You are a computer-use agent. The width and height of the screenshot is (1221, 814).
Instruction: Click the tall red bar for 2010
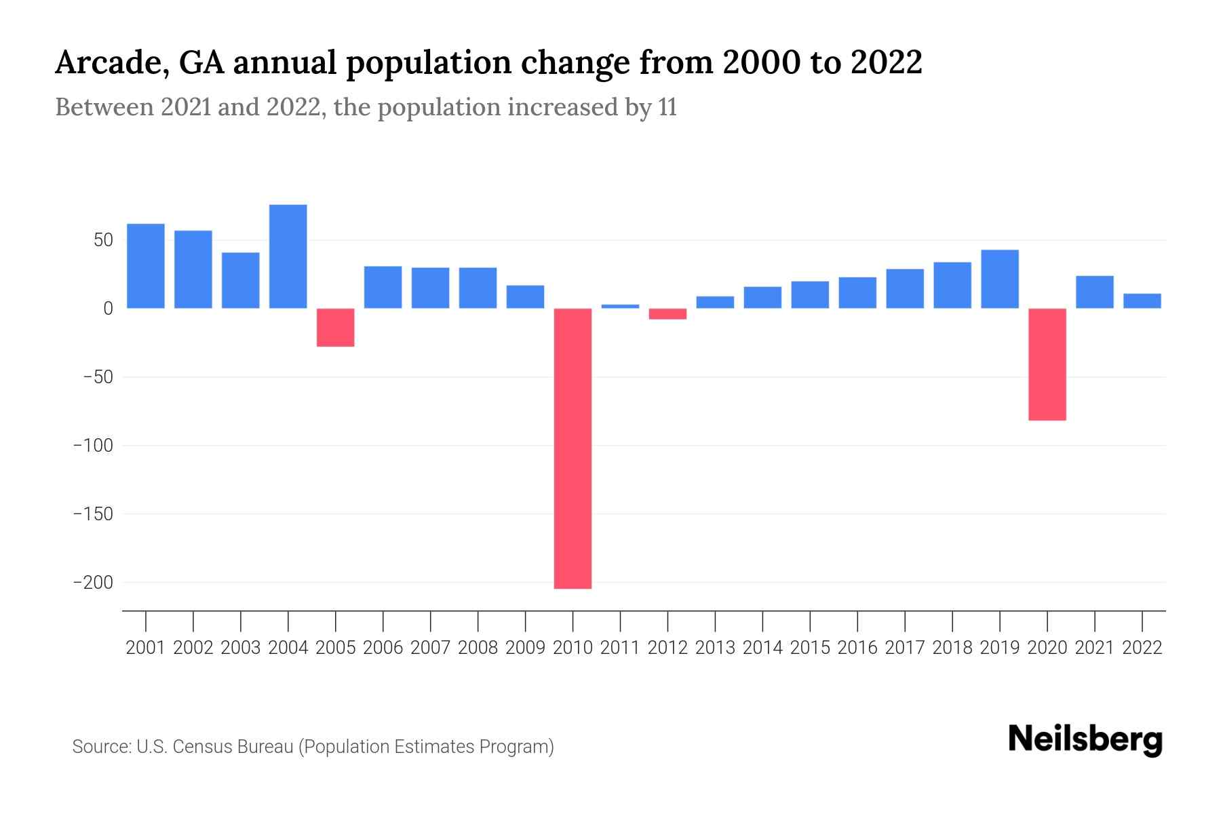coord(573,448)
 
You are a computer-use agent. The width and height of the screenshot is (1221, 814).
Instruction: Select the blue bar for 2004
coord(288,256)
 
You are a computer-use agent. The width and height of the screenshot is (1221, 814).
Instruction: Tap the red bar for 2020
coord(1047,364)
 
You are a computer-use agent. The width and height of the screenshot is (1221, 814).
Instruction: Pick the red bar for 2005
coord(335,328)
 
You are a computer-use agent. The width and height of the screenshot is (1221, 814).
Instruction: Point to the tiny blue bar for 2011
coord(620,306)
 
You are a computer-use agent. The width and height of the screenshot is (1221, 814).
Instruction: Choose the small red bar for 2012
coord(667,313)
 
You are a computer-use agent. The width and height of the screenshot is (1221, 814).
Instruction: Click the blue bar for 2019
coord(999,279)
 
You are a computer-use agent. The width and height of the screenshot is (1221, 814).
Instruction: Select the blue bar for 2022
coord(1142,301)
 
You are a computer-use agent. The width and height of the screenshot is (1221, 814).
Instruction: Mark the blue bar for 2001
coord(145,266)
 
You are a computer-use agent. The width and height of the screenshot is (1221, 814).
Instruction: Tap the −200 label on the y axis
coord(93,583)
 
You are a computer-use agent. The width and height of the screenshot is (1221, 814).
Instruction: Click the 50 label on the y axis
coord(103,240)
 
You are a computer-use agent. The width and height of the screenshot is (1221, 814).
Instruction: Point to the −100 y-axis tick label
coord(93,446)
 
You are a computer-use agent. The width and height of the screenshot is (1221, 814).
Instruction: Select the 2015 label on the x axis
coord(810,648)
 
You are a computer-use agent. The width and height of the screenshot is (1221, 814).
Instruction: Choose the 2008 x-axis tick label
coord(478,648)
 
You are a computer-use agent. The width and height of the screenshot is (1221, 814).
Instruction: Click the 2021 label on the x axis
coord(1094,648)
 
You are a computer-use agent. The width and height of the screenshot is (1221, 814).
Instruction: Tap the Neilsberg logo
coord(1085,740)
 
